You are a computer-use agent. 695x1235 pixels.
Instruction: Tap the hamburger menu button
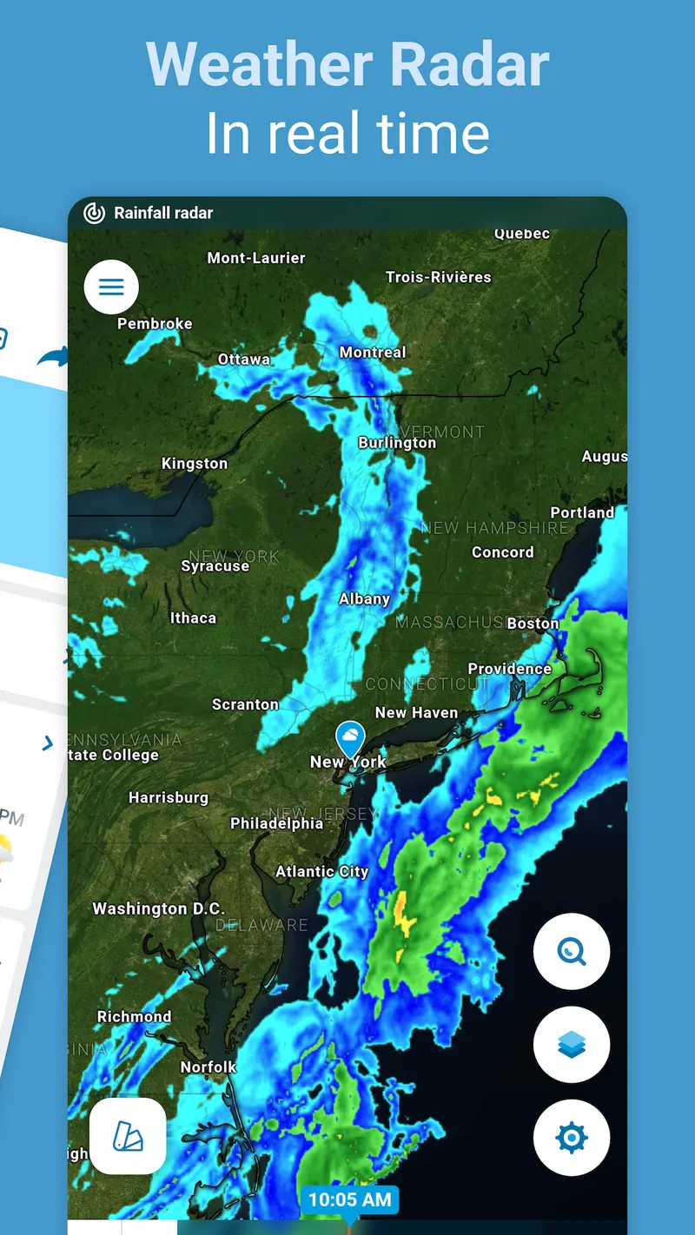(x=111, y=287)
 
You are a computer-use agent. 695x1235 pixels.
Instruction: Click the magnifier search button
(x=572, y=952)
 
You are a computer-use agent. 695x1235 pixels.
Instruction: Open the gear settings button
(x=572, y=1137)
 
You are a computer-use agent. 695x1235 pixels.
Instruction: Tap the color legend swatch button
(x=128, y=1136)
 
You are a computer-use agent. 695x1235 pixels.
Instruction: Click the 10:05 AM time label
(x=349, y=1200)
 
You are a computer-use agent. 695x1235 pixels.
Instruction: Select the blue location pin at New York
(x=350, y=739)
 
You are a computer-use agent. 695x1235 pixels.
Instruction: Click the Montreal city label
(x=373, y=353)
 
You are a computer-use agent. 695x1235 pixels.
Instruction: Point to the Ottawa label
(x=244, y=360)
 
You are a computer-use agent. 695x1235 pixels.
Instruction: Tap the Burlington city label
(x=397, y=443)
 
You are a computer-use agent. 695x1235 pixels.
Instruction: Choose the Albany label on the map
(x=365, y=599)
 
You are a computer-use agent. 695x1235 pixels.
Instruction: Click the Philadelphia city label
(x=276, y=823)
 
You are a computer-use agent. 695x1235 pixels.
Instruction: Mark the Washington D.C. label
(x=158, y=909)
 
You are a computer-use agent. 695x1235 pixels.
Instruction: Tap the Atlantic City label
(x=322, y=872)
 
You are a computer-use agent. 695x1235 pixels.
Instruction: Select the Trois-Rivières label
(x=439, y=278)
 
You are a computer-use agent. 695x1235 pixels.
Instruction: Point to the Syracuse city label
(x=215, y=566)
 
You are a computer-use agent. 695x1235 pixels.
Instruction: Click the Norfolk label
(x=208, y=1067)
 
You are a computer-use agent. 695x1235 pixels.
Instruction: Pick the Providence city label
(x=510, y=669)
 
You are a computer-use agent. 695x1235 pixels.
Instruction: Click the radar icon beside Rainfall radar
(x=94, y=213)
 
